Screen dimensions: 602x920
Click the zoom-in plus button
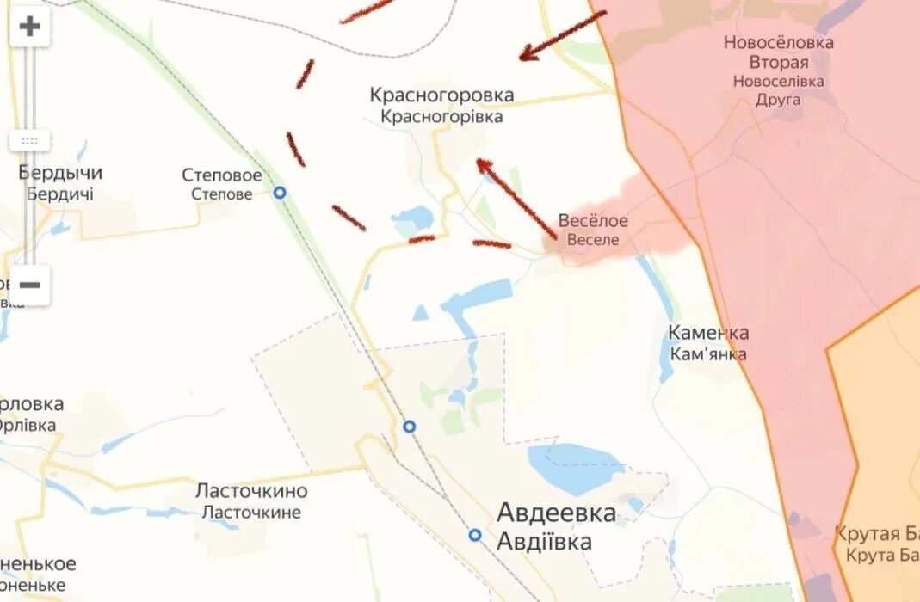click(x=30, y=27)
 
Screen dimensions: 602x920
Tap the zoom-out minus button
click(x=30, y=285)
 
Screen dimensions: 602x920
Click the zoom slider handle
click(x=30, y=141)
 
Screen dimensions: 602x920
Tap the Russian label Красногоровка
click(x=441, y=95)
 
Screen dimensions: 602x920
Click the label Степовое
click(x=222, y=175)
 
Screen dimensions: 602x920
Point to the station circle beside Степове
click(x=280, y=193)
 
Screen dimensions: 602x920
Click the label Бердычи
click(x=60, y=173)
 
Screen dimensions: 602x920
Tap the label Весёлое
click(x=593, y=221)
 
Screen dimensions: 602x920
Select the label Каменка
click(x=708, y=333)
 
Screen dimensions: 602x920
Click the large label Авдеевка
click(x=556, y=513)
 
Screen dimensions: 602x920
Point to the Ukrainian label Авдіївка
click(x=544, y=542)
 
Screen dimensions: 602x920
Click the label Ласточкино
click(x=251, y=491)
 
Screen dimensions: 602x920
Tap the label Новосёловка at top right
click(x=778, y=42)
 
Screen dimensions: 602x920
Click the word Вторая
click(x=778, y=62)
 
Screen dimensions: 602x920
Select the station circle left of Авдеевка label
click(x=475, y=535)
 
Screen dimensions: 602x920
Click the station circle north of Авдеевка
click(x=410, y=427)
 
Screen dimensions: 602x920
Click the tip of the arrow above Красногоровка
click(x=522, y=58)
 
